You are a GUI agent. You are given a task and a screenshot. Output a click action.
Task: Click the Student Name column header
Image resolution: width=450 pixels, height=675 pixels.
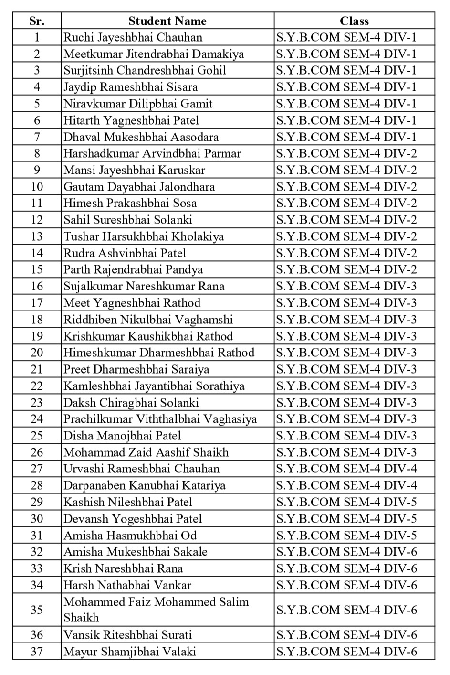coord(167,21)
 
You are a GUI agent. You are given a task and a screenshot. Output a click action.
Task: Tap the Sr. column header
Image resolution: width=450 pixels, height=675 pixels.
coord(37,21)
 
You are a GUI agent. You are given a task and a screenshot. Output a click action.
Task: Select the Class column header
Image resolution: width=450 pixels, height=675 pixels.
coord(354,21)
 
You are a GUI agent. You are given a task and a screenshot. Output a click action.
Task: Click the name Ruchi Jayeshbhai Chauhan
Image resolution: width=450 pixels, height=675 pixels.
coord(133,37)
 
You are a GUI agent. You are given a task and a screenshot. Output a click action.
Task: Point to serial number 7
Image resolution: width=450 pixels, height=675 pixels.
coord(37,137)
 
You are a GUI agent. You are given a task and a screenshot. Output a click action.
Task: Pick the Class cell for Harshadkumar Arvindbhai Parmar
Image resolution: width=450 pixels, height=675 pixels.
coord(346,153)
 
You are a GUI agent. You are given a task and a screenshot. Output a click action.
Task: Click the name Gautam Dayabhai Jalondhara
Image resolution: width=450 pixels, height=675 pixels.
coord(139,187)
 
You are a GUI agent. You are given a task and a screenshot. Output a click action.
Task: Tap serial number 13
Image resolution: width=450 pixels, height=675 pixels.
coord(37,236)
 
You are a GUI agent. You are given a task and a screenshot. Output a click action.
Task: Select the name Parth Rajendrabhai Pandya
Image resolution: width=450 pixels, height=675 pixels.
coord(133,269)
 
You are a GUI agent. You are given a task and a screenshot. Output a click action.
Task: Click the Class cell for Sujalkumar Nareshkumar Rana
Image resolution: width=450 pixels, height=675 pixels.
coord(346,286)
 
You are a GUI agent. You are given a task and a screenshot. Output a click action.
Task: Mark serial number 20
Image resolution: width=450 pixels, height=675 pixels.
coord(37,353)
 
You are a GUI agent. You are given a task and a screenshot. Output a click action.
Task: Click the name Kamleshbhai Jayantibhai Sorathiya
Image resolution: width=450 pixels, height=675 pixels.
coord(154,386)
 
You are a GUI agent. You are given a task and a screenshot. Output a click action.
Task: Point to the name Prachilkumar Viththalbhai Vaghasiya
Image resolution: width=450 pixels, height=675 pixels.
coord(160,419)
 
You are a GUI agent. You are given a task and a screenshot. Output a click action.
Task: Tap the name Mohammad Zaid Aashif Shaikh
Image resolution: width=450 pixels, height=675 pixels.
coord(146,452)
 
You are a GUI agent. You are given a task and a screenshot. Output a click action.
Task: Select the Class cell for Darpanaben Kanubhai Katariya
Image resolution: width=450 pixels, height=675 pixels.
coord(346,485)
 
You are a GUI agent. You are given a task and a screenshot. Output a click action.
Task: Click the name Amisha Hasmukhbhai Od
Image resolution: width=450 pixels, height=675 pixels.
coord(130,536)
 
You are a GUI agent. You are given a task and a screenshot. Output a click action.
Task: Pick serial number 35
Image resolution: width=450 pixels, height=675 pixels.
coord(37,610)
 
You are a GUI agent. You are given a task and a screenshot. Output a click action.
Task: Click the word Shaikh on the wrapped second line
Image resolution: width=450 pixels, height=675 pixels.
coord(81,618)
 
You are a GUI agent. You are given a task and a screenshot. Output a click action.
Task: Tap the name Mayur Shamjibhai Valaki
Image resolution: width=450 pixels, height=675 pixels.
coord(130,652)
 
